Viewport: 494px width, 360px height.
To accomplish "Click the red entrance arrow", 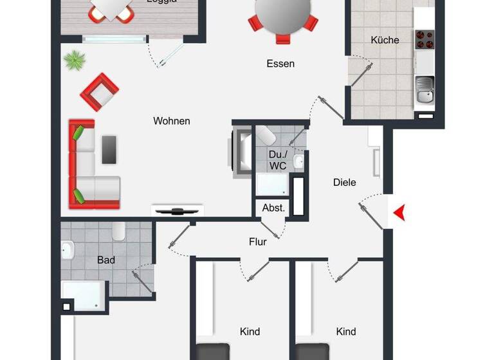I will pos(400,213).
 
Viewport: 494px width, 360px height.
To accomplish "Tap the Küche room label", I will pos(385,40).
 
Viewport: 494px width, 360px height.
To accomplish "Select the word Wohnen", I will pos(172,121).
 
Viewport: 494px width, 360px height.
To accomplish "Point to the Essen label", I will pos(280,64).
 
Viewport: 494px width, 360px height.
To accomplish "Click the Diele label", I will pos(344,183).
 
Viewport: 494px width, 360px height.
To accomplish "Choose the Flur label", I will pos(258,242).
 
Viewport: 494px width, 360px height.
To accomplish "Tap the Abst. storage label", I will pos(273,208).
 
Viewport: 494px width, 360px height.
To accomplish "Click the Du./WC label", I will pos(278,160).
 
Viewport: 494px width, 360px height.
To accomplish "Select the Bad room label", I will pos(106,260).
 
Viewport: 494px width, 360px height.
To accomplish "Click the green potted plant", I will pos(75,61).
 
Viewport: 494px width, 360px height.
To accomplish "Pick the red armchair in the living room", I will pos(100,92).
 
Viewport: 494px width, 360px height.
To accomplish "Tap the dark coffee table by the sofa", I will pos(109,149).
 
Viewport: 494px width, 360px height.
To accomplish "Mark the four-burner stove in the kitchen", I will pos(424,40).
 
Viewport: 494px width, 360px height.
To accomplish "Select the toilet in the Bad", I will pos(119,231).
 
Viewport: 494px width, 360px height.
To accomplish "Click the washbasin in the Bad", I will pos(68,249).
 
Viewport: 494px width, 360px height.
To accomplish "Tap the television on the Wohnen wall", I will pos(177,210).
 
